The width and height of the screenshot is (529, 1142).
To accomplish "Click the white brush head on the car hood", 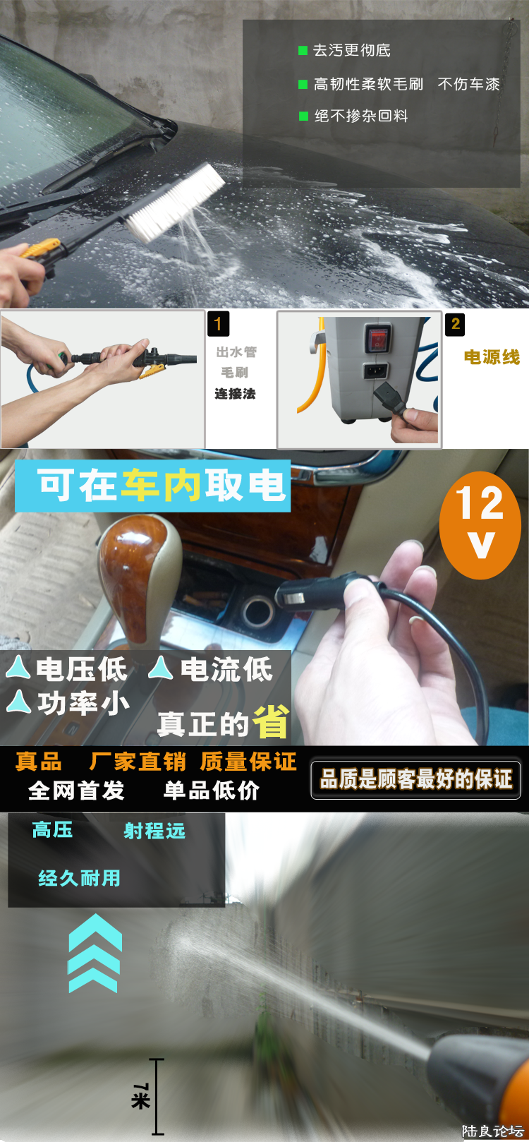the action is point(176,201).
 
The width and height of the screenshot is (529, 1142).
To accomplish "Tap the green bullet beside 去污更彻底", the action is point(303,50).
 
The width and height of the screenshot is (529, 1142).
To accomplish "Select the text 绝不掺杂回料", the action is point(361,116).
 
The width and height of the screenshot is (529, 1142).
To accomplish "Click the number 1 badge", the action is point(218,324).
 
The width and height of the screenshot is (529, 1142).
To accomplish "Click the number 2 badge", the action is point(455,324).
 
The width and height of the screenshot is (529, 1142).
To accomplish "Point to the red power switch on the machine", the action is point(377,339).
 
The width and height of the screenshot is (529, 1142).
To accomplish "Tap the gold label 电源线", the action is point(492,357).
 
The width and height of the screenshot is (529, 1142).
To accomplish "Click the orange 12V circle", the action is point(480,524).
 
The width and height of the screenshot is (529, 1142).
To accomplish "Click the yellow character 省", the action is point(271,722).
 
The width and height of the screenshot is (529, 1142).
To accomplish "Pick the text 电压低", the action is point(82,669).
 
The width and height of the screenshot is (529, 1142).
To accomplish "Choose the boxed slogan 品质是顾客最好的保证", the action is point(416,779).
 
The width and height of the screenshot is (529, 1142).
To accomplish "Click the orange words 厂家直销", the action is point(138,762).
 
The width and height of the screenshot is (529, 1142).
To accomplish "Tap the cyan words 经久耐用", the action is point(80,878).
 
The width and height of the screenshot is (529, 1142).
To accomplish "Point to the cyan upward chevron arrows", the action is point(95,953).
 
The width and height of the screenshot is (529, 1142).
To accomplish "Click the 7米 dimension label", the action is point(140,1095).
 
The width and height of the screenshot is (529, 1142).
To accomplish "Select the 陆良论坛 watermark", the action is point(492,1131).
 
